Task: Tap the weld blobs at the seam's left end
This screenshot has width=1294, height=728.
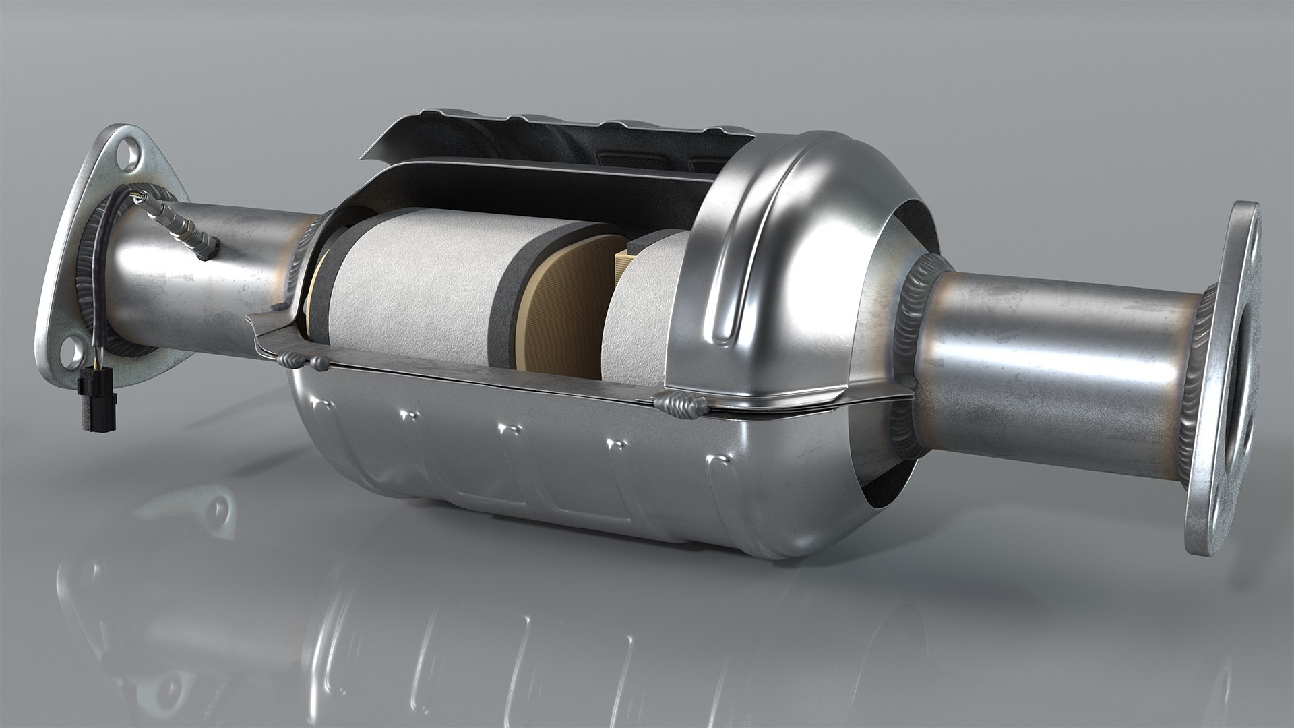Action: [x=303, y=361]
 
